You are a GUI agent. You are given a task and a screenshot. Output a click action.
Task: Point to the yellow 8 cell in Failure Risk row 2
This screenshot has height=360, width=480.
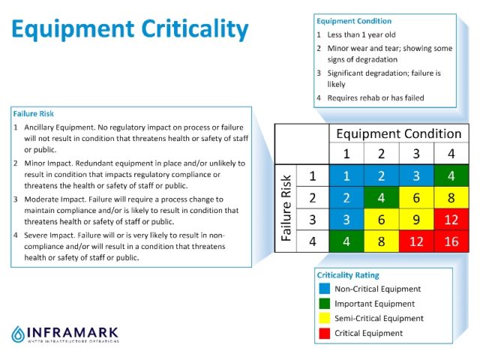click(451, 199)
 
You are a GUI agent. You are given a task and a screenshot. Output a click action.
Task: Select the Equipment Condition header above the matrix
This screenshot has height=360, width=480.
click(398, 133)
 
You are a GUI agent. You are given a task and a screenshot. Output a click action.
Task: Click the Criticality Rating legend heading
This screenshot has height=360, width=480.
click(347, 275)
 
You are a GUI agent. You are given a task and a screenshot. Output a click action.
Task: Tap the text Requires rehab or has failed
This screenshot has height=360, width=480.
click(375, 97)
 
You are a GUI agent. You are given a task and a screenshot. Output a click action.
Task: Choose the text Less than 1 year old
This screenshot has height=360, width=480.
click(360, 34)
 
